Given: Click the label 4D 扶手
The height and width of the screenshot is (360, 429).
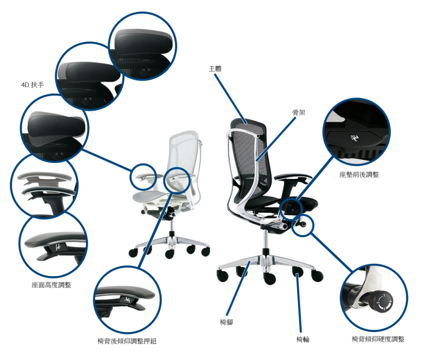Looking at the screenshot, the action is click(x=33, y=85).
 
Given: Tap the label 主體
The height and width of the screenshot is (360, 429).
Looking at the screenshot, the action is click(x=215, y=69).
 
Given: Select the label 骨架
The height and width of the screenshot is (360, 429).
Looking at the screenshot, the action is click(x=298, y=112).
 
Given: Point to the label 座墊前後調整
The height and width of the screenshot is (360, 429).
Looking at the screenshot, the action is click(x=359, y=175).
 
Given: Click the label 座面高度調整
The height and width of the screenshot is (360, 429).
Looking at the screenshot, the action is click(x=51, y=285).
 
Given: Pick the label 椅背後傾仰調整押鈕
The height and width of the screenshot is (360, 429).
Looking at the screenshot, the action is click(x=127, y=341).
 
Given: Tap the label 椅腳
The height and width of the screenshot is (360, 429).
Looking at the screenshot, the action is click(x=226, y=322).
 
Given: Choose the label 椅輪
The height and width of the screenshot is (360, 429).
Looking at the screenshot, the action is click(x=303, y=339).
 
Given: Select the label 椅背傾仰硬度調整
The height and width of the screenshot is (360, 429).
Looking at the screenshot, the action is click(x=378, y=339).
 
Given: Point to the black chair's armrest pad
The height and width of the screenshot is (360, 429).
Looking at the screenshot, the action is click(x=292, y=177).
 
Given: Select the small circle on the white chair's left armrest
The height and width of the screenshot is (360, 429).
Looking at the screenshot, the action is click(x=143, y=177).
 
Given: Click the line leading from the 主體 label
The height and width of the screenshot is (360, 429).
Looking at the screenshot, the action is click(x=231, y=99).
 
